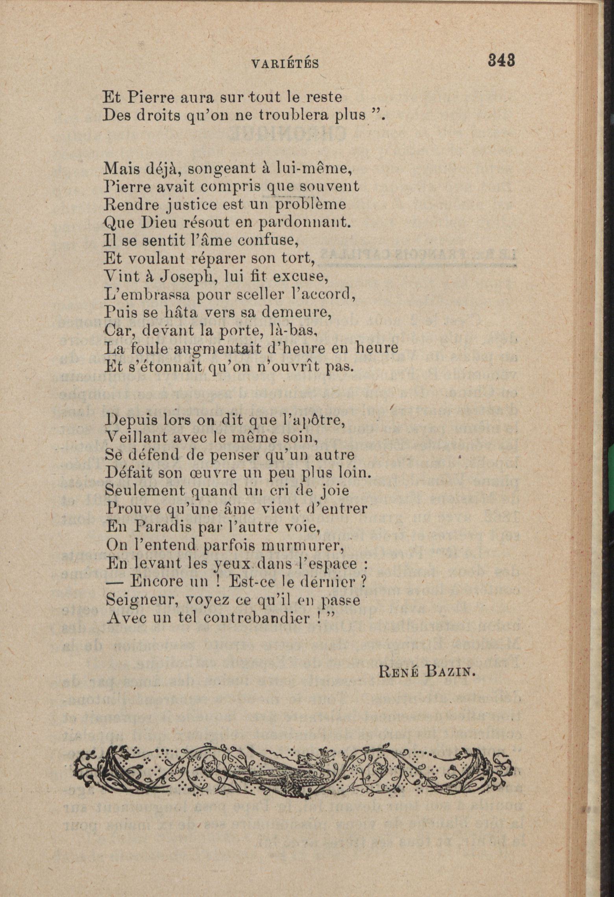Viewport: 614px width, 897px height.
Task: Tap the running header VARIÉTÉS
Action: [x=285, y=64]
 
